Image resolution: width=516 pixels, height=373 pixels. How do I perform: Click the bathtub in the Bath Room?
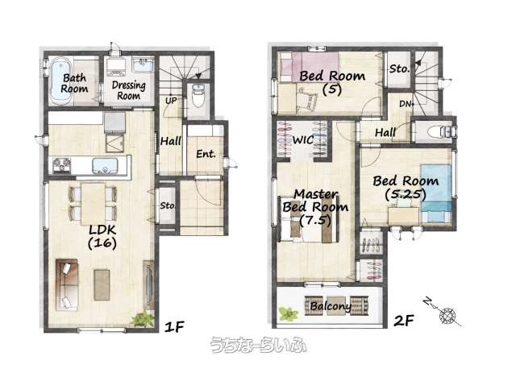61,81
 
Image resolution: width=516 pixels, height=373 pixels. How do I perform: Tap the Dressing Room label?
129,90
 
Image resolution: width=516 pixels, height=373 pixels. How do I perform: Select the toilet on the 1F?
198,95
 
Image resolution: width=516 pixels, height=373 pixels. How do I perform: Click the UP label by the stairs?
171,101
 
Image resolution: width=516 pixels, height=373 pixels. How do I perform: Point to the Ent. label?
206,154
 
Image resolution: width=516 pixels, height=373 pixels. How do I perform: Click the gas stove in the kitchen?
62,165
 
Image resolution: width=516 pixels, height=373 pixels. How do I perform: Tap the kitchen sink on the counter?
105,165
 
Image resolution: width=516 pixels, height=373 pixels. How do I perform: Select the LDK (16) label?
102,237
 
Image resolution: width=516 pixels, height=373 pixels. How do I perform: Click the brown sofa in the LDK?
67,285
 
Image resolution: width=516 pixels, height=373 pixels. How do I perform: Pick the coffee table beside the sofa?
102,285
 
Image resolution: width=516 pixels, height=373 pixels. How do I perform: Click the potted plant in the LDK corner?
144,319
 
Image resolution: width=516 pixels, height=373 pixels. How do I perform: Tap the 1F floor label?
174,326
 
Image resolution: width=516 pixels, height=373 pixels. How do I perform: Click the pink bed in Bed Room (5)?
310,68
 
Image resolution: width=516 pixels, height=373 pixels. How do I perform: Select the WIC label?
303,140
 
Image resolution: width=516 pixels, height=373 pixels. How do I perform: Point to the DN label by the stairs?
406,104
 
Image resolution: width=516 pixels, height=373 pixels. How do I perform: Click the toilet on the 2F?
441,131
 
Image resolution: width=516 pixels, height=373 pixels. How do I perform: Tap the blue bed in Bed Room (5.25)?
436,193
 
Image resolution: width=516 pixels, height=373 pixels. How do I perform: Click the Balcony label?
331,306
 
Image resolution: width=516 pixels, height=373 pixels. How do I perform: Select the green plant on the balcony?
289,314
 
